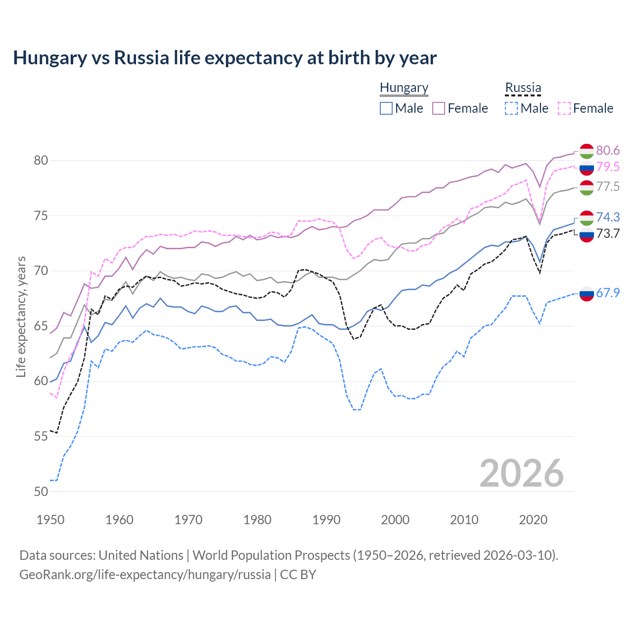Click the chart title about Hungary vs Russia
(225, 58)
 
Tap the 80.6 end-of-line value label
(608, 150)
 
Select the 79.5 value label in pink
(608, 167)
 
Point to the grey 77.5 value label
(608, 186)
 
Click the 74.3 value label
(608, 217)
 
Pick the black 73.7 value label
(608, 233)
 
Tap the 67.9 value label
(608, 293)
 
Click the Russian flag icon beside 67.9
(587, 293)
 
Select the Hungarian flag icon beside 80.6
(587, 151)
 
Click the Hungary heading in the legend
(404, 88)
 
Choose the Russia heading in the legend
(523, 88)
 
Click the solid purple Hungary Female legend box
(439, 108)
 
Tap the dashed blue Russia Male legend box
(511, 108)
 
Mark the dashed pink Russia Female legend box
(564, 108)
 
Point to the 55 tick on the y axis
(41, 436)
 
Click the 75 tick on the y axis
(41, 216)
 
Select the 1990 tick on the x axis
(326, 520)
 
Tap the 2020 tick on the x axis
(533, 520)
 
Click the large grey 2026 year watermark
(522, 473)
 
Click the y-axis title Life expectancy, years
(21, 316)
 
